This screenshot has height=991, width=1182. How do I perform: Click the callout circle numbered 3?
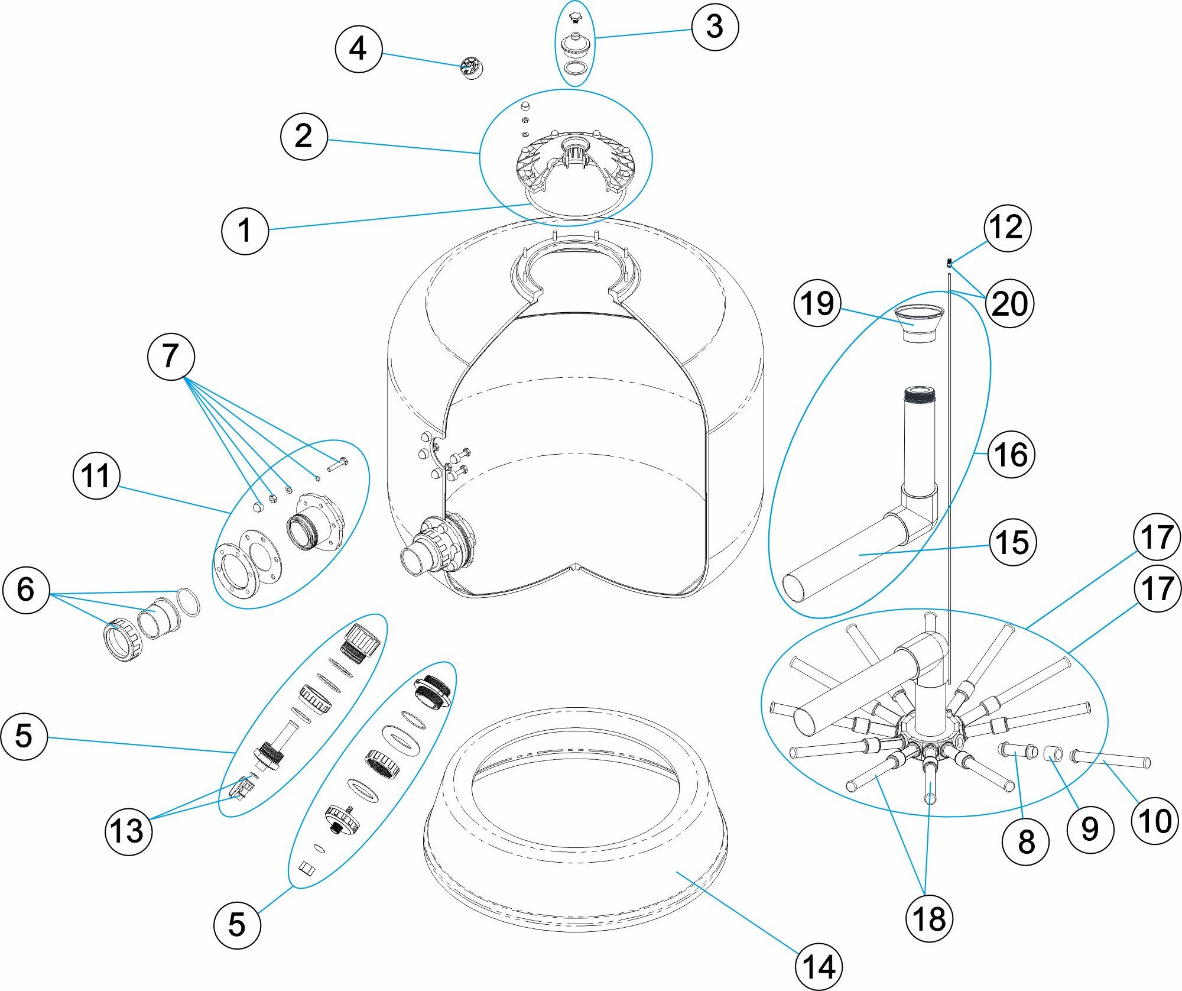[x=715, y=27]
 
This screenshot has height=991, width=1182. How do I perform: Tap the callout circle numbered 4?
[x=358, y=49]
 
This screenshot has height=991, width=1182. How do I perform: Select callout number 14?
[x=819, y=967]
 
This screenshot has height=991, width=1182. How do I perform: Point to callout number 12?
[x=1007, y=228]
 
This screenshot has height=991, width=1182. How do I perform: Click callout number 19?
[x=817, y=303]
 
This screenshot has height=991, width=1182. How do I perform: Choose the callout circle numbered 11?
[x=96, y=476]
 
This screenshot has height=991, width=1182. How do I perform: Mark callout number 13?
[x=128, y=830]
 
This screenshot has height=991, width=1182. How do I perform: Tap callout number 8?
[x=1026, y=841]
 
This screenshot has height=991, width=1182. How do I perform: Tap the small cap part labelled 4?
[x=472, y=68]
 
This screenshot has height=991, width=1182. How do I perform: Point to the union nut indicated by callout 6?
[x=123, y=640]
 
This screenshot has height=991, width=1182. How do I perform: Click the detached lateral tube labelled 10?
[x=1111, y=759]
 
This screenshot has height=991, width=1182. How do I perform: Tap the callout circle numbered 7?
[x=170, y=357]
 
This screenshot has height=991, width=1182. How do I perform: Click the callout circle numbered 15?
[x=1012, y=542]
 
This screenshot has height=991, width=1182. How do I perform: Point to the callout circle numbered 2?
[x=304, y=137]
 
